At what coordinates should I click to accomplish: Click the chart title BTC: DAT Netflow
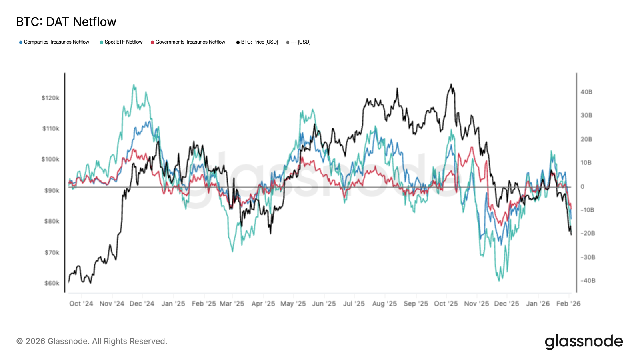pyautogui.click(x=66, y=22)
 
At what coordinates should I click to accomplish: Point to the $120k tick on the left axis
pyautogui.click(x=50, y=98)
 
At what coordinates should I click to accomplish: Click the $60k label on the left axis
pyautogui.click(x=52, y=283)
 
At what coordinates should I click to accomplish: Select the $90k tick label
pyautogui.click(x=52, y=190)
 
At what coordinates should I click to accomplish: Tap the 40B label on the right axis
pyautogui.click(x=586, y=92)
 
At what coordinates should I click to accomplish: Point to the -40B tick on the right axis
pyautogui.click(x=588, y=281)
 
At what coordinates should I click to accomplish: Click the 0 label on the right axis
pyautogui.click(x=582, y=186)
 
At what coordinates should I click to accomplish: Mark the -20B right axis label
pyautogui.click(x=588, y=233)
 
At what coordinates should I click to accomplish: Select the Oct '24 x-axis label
pyautogui.click(x=81, y=304)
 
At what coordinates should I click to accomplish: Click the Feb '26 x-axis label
pyautogui.click(x=568, y=304)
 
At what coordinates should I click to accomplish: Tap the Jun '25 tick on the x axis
pyautogui.click(x=324, y=304)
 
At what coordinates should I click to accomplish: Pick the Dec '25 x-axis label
pyautogui.click(x=506, y=304)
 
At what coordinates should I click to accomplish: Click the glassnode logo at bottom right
pyautogui.click(x=584, y=342)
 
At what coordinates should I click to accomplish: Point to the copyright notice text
pyautogui.click(x=92, y=341)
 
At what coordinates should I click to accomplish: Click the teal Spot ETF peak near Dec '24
pyautogui.click(x=134, y=85)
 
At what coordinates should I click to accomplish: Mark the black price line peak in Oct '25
pyautogui.click(x=451, y=84)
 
